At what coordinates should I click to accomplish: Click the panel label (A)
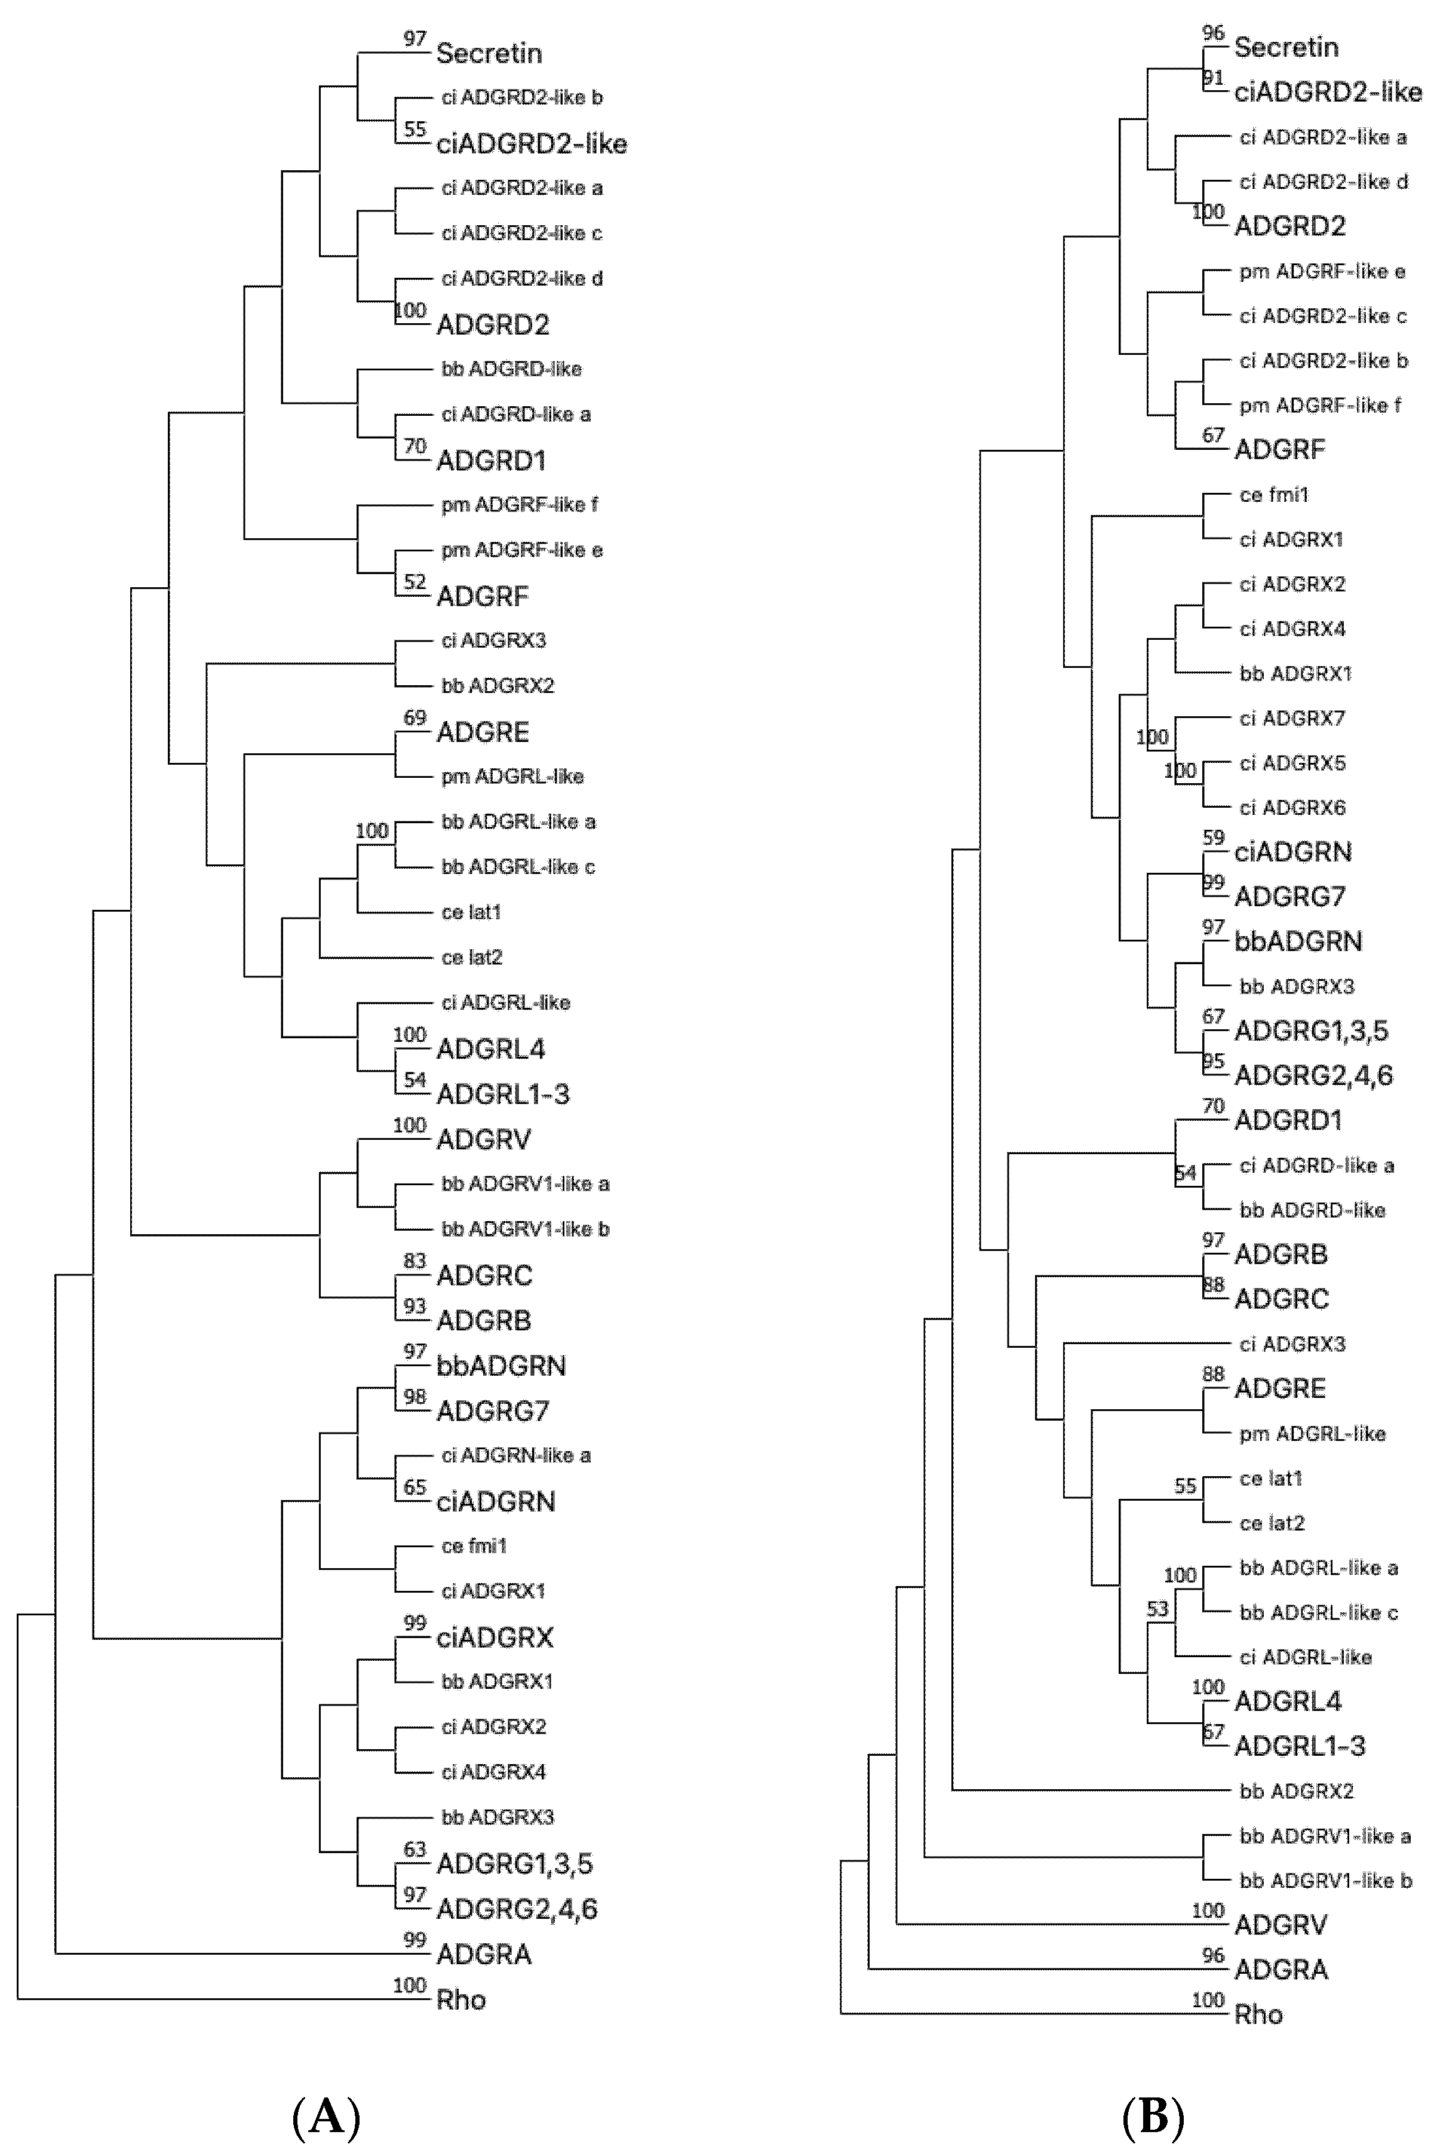[x=326, y=2118]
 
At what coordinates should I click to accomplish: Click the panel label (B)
[x=1153, y=2118]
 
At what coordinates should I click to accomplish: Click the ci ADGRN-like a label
[x=516, y=1456]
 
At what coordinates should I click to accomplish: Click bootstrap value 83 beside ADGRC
[x=414, y=1261]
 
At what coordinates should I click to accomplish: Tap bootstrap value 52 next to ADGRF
[x=414, y=582]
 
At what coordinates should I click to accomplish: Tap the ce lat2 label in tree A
[x=472, y=958]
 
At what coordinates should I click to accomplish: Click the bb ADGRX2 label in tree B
[x=1296, y=1790]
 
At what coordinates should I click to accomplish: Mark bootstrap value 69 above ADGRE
[x=414, y=717]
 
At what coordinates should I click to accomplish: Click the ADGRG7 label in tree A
[x=492, y=1411]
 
